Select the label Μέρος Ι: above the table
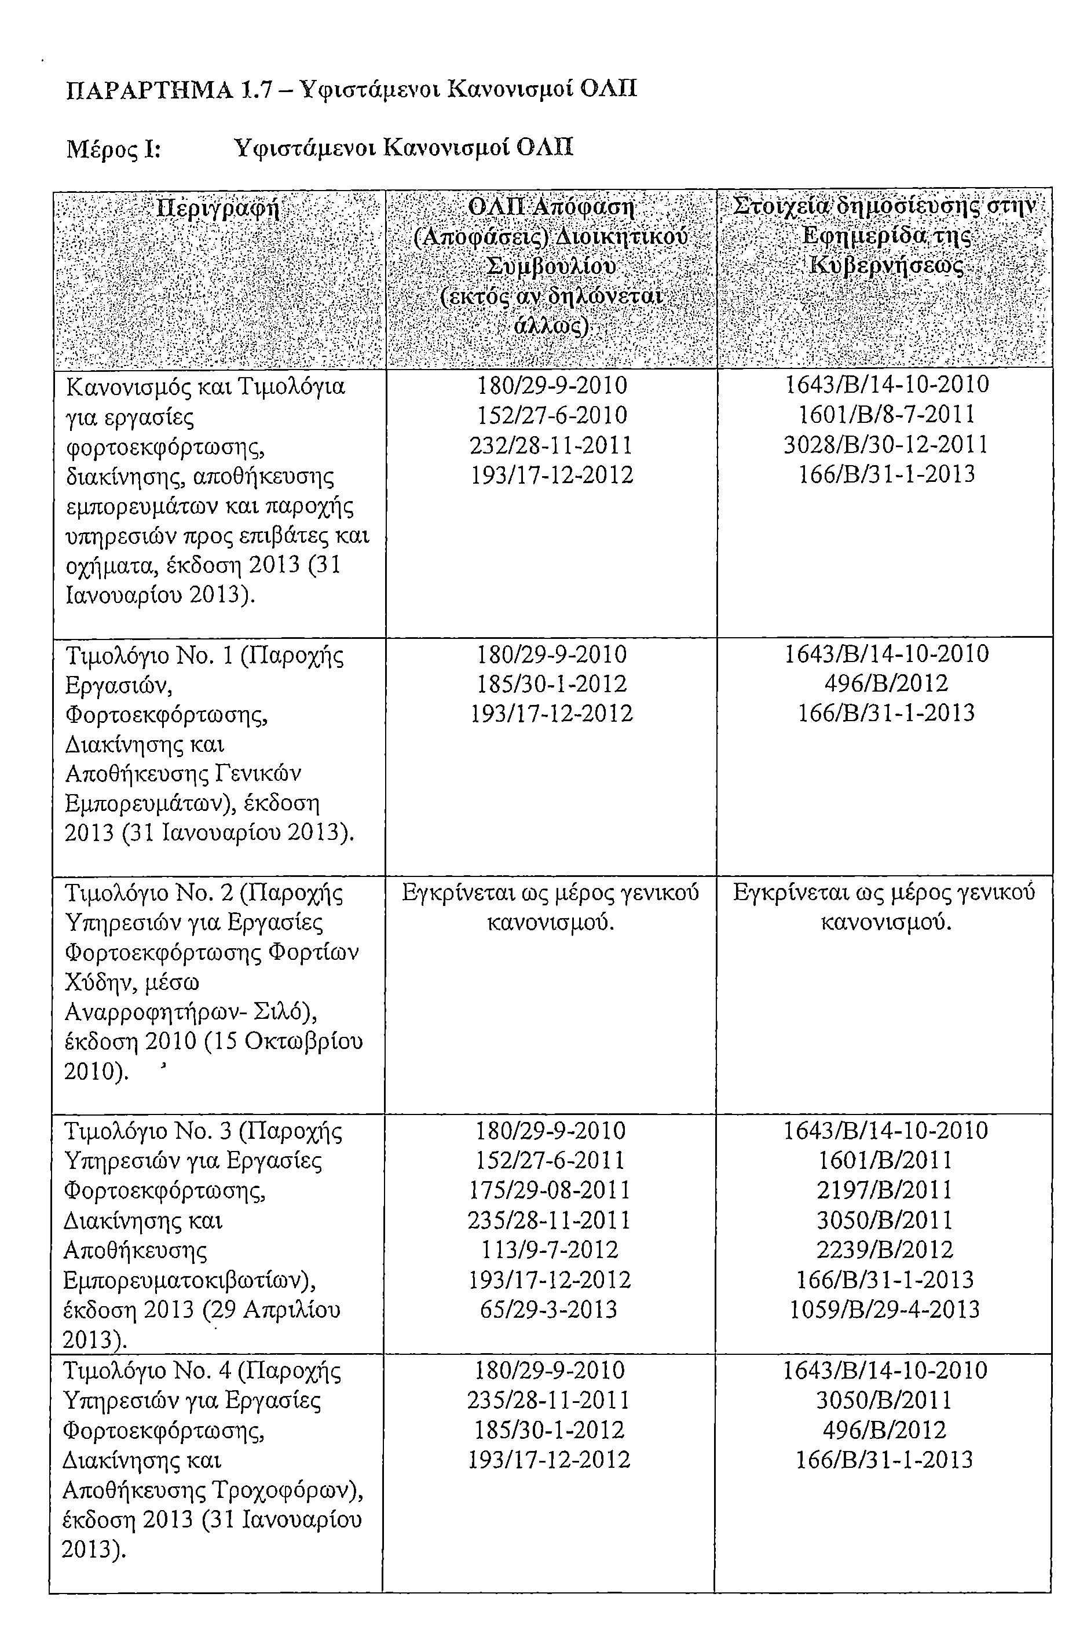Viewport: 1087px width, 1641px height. pyautogui.click(x=113, y=148)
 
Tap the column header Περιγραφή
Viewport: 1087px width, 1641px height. pyautogui.click(x=218, y=209)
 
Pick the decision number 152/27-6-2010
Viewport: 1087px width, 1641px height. pyautogui.click(x=552, y=415)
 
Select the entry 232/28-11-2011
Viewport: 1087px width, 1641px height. pyautogui.click(x=551, y=445)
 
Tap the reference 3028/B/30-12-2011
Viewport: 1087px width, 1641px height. pyautogui.click(x=886, y=444)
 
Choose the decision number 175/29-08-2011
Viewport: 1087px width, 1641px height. pyautogui.click(x=549, y=1190)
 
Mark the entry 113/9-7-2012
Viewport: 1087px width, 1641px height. pyautogui.click(x=549, y=1250)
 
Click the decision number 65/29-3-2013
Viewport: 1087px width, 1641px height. pyautogui.click(x=548, y=1310)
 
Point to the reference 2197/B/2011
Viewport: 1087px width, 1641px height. pyautogui.click(x=884, y=1190)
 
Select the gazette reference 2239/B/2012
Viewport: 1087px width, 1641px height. pyautogui.click(x=884, y=1250)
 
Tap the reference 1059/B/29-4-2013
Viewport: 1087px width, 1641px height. pyautogui.click(x=884, y=1310)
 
